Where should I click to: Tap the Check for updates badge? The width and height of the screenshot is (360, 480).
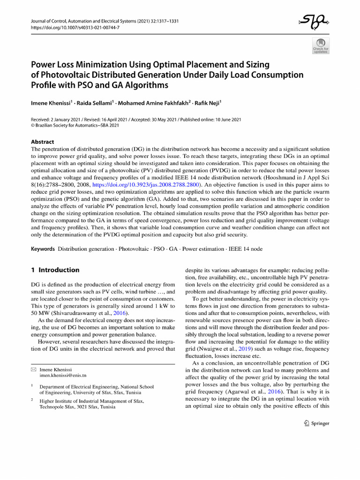[x=321, y=45]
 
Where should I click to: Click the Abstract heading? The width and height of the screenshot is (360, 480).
[x=42, y=142]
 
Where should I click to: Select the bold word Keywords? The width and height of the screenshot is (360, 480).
[x=43, y=248]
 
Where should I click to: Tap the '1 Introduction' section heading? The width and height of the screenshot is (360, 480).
[x=55, y=270]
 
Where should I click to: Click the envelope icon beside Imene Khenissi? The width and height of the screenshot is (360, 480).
[x=33, y=369]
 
